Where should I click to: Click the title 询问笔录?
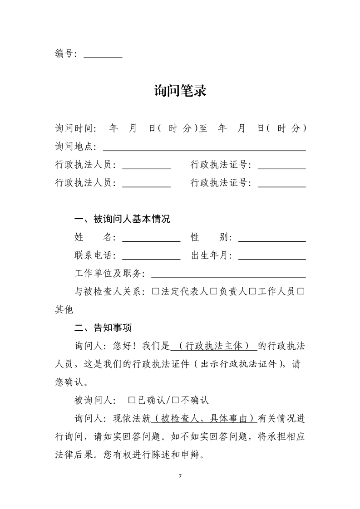click(180, 91)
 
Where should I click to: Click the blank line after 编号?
click(103, 56)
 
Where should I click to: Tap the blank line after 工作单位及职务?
click(228, 276)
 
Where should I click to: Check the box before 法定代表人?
click(156, 292)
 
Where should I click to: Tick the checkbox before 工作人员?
click(252, 292)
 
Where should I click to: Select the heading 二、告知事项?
click(103, 328)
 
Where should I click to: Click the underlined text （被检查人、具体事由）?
click(203, 418)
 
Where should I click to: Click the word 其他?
click(64, 310)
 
